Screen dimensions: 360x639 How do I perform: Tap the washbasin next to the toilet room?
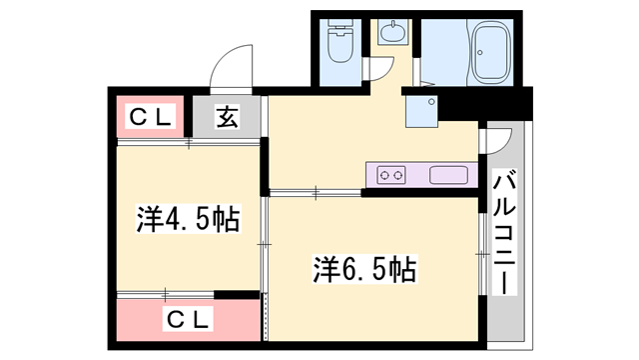(x=390, y=33)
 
